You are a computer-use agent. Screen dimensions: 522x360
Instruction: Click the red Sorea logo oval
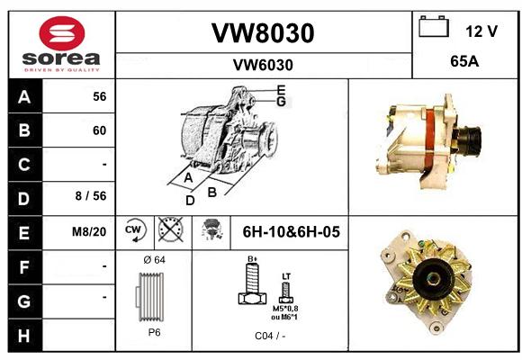pos(62,33)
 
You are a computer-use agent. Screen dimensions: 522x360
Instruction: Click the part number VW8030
pos(263,33)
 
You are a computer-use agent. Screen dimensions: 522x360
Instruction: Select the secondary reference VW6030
pos(263,65)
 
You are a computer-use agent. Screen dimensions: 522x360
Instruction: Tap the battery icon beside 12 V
pos(434,26)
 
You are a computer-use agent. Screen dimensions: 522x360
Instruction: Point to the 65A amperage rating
pos(464,61)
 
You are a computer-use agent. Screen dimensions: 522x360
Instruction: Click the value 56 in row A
pos(100,96)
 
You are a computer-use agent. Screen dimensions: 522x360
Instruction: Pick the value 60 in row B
pos(100,130)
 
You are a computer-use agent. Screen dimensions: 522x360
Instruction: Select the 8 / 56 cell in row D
pos(91,196)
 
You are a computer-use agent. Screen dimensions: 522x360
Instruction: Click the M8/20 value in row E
pos(89,231)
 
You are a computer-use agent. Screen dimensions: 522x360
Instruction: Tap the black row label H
pos(24,336)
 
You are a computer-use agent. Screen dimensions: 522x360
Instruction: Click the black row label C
pos(24,165)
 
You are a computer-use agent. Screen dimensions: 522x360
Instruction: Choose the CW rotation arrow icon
pos(134,229)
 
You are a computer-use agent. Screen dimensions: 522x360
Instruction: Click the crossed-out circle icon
pos(171,229)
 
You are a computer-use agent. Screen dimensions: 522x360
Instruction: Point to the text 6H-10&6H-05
pos(291,232)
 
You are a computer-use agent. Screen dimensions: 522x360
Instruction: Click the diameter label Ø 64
pos(154,260)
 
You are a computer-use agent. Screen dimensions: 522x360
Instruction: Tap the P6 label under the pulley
pos(154,332)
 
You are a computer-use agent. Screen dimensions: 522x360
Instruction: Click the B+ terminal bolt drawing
pos(252,283)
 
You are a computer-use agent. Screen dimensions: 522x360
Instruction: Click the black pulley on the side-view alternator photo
pos(470,141)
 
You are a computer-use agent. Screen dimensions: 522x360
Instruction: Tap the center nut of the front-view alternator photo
pos(432,279)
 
